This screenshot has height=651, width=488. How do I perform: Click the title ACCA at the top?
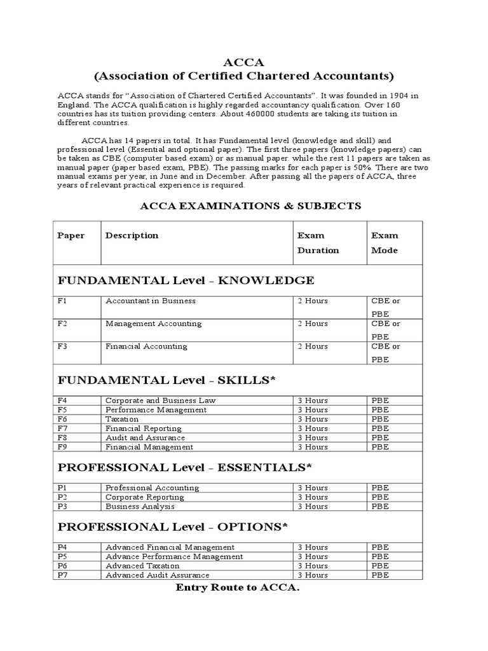243,62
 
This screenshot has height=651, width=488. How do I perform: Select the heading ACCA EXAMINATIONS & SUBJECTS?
250,205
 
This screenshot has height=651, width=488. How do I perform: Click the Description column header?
132,235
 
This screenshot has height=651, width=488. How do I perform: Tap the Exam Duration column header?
318,242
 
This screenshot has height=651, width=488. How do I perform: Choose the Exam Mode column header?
385,242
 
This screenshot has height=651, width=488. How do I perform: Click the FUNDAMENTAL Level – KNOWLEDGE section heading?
186,280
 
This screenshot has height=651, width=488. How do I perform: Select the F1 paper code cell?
62,301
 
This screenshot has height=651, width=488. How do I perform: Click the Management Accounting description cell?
153,324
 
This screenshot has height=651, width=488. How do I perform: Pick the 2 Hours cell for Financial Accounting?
313,346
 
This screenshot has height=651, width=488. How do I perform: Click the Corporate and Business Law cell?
160,401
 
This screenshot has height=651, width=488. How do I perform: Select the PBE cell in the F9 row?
380,447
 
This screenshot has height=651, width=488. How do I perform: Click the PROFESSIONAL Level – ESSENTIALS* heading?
185,467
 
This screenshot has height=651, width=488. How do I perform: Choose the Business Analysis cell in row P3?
140,506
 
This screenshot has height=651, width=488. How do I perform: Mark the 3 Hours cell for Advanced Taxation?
313,566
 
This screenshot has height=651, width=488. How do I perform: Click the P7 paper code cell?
62,575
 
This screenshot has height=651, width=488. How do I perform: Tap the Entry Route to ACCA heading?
237,588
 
